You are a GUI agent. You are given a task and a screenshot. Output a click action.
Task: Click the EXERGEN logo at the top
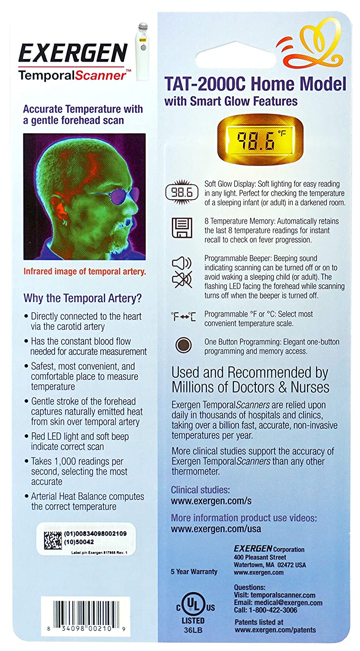[x=72, y=54]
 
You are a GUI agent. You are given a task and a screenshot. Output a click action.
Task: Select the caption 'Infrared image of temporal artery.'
[x=85, y=272]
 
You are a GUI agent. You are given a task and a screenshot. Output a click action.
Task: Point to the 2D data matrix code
[x=53, y=538]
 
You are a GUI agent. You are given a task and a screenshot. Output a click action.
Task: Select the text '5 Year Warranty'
[x=194, y=572]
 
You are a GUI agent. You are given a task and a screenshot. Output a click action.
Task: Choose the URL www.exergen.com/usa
[x=216, y=529]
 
